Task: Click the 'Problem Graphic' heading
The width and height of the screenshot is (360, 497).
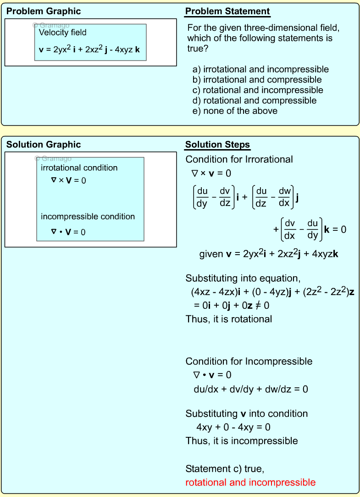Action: (x=44, y=11)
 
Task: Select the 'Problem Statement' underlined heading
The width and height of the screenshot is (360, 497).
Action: (x=227, y=11)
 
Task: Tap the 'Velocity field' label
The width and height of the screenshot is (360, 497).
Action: (x=62, y=33)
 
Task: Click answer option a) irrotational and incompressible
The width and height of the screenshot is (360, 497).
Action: (x=260, y=69)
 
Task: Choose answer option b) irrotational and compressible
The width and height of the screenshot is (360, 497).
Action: (x=257, y=80)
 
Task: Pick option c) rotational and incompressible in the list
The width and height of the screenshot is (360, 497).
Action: (x=258, y=90)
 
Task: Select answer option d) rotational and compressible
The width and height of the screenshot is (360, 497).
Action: (x=255, y=101)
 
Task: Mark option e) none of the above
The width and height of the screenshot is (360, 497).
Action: (x=235, y=111)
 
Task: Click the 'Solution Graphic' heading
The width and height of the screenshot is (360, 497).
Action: (x=44, y=145)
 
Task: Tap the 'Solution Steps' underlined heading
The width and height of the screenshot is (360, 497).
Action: (x=217, y=145)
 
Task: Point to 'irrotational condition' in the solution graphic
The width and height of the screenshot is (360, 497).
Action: (x=79, y=168)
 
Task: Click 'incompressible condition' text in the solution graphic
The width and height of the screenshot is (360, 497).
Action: (x=88, y=216)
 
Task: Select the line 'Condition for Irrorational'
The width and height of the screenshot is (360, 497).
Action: (x=239, y=159)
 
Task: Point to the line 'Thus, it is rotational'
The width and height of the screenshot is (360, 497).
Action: (x=228, y=319)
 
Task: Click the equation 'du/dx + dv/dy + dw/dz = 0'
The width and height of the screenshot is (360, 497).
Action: (x=251, y=389)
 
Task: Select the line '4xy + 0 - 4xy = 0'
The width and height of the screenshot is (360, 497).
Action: (x=233, y=427)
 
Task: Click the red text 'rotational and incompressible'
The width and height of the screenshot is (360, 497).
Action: (x=250, y=482)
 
